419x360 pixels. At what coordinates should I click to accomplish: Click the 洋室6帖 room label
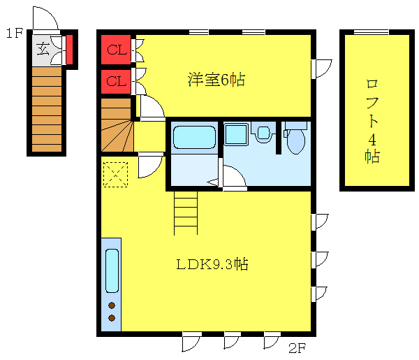point(216,80)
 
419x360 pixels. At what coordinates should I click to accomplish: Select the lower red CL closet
point(117,82)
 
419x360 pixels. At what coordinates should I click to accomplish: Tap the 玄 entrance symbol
point(43,49)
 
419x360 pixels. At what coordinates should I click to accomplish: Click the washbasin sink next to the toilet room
point(263,132)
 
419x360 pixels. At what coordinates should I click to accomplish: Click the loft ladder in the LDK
point(185,213)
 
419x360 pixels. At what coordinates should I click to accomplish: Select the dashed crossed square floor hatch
point(115,174)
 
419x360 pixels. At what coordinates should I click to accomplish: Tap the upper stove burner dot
point(112,305)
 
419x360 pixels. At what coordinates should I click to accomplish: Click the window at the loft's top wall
point(371,32)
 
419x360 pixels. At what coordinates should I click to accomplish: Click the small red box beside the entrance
point(71,50)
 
